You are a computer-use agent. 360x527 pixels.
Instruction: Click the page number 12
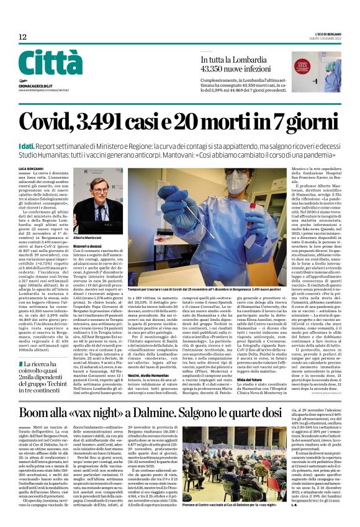coord(22,37)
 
